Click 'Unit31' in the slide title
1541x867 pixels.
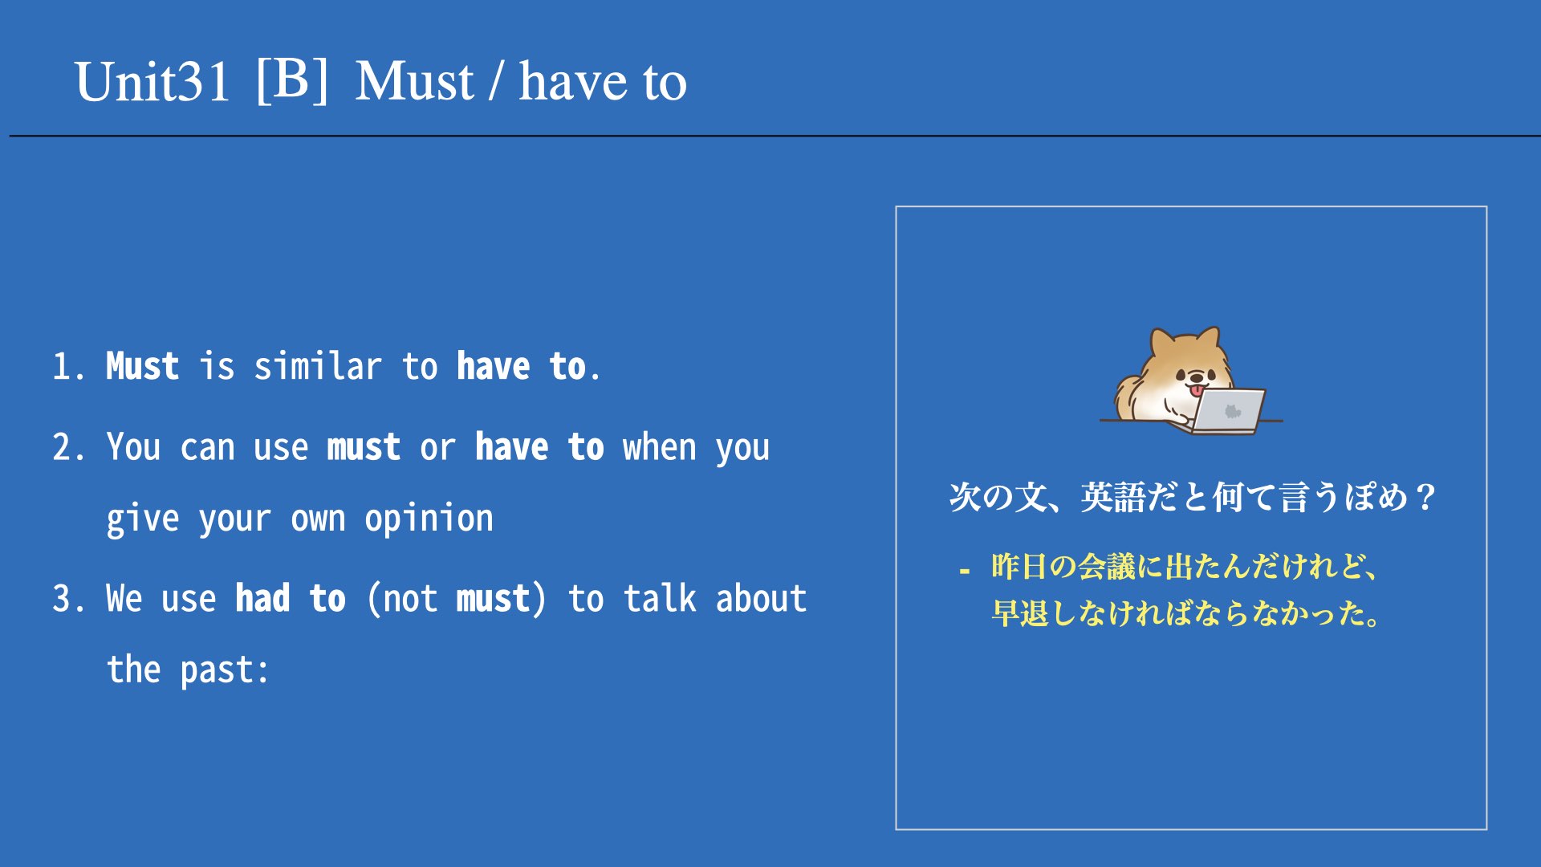click(x=152, y=82)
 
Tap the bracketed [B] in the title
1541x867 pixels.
click(x=292, y=80)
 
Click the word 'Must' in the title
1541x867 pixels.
click(x=414, y=82)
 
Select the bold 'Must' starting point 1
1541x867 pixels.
click(x=142, y=367)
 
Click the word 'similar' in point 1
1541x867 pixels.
click(x=318, y=367)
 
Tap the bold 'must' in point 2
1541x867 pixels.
click(x=364, y=448)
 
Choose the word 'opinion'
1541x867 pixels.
click(x=429, y=519)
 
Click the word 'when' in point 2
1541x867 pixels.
click(x=659, y=448)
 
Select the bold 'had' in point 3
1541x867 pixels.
click(x=262, y=599)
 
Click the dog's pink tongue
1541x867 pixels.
click(x=1197, y=391)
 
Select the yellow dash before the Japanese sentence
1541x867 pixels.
click(x=965, y=572)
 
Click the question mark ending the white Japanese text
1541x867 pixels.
click(x=1425, y=498)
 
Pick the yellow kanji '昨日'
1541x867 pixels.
click(x=1019, y=567)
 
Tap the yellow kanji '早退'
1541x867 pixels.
click(x=1019, y=613)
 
